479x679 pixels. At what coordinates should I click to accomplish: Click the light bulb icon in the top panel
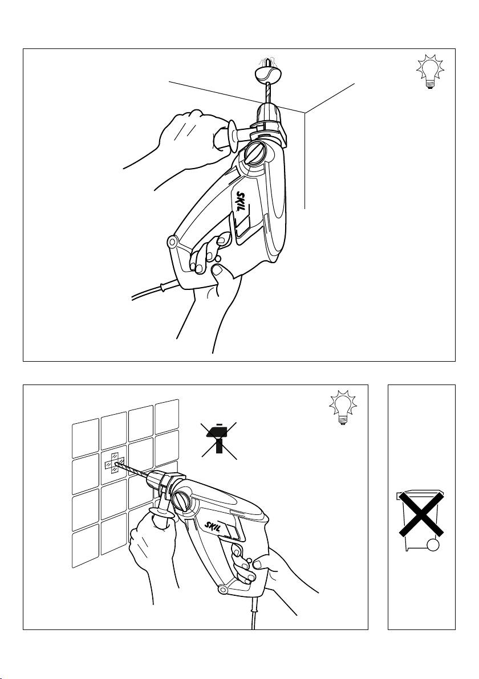tap(430, 71)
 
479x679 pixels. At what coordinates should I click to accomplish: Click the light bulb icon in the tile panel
tap(343, 407)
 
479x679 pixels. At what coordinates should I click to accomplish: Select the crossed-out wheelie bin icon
tap(420, 520)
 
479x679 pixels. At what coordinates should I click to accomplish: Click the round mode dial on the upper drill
tap(255, 153)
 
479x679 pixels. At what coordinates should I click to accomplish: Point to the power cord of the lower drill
tap(254, 611)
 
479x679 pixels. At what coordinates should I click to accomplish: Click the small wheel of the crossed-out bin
tap(432, 545)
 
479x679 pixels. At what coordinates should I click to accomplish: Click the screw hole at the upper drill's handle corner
tap(173, 241)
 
